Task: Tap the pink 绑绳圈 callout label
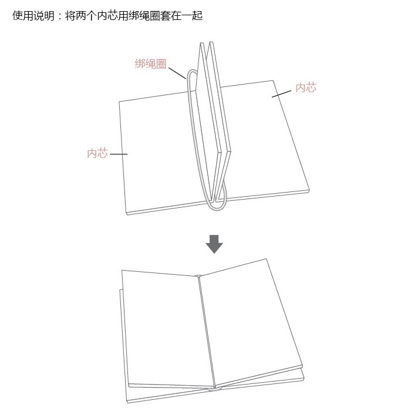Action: (150, 64)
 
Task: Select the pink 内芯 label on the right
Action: (305, 87)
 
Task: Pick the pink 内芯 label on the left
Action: (97, 154)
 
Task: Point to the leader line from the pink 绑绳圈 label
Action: (177, 73)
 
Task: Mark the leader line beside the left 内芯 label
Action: (118, 154)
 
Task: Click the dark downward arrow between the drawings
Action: (214, 243)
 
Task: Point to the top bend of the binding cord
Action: (191, 74)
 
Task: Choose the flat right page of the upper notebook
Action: (264, 141)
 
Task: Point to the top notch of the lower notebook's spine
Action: (198, 276)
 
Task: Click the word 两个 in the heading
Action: (84, 16)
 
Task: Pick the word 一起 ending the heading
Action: (193, 16)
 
